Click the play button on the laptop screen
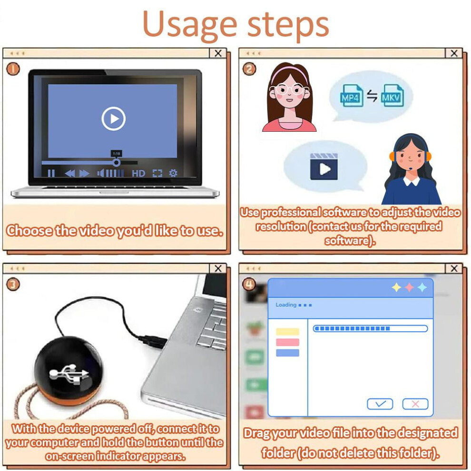point(113,118)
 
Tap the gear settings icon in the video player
point(173,173)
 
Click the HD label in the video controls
point(138,173)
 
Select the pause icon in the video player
point(51,173)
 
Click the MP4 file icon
point(352,96)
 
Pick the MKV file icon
point(392,96)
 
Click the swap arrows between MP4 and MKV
point(372,96)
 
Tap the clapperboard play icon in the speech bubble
point(324,167)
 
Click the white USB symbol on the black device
point(69,374)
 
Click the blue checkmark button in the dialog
point(380,404)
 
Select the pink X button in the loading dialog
point(415,404)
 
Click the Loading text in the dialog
point(286,305)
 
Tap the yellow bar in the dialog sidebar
point(287,332)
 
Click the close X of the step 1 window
point(218,53)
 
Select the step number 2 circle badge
point(249,69)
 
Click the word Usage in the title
point(190,25)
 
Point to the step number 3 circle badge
point(13,284)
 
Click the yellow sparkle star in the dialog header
point(396,287)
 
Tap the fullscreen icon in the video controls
point(157,173)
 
